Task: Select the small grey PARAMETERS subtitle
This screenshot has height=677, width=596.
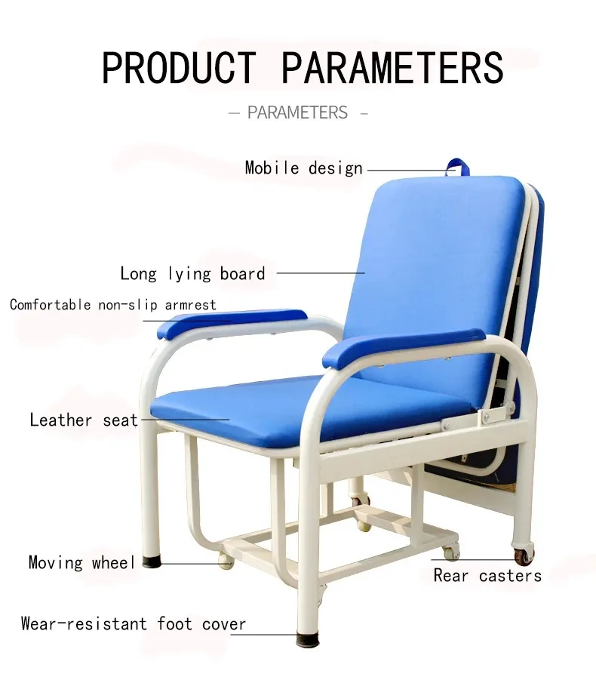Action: [297, 113]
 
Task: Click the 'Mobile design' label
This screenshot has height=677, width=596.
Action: [303, 168]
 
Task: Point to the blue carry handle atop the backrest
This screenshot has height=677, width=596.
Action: [456, 167]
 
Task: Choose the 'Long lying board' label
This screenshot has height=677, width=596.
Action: [192, 273]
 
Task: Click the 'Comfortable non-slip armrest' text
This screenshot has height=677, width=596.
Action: [113, 305]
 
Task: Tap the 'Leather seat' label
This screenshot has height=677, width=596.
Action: [84, 420]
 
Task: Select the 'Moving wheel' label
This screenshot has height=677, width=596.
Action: [81, 562]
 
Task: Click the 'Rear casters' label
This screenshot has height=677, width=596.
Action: [487, 576]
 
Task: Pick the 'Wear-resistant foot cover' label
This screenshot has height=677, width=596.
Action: [134, 624]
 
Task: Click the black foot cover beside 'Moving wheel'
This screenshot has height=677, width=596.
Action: [154, 562]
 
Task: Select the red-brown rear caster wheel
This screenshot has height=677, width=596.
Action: [522, 557]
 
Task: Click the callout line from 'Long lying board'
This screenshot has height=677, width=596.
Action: [320, 273]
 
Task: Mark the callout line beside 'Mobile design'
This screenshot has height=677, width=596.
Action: [407, 170]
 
